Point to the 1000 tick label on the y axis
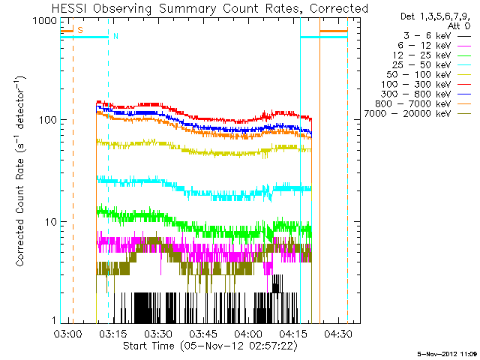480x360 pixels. pos(47,20)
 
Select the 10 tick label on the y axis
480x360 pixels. pos(52,222)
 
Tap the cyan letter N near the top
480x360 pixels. pos(116,35)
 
